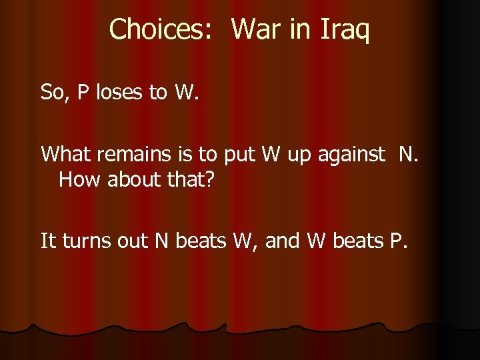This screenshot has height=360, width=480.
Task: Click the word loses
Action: click(x=121, y=92)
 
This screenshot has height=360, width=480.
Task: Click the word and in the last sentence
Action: click(x=283, y=241)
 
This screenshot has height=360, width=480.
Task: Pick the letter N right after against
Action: click(x=405, y=155)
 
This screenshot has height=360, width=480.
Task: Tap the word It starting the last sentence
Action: click(x=49, y=241)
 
